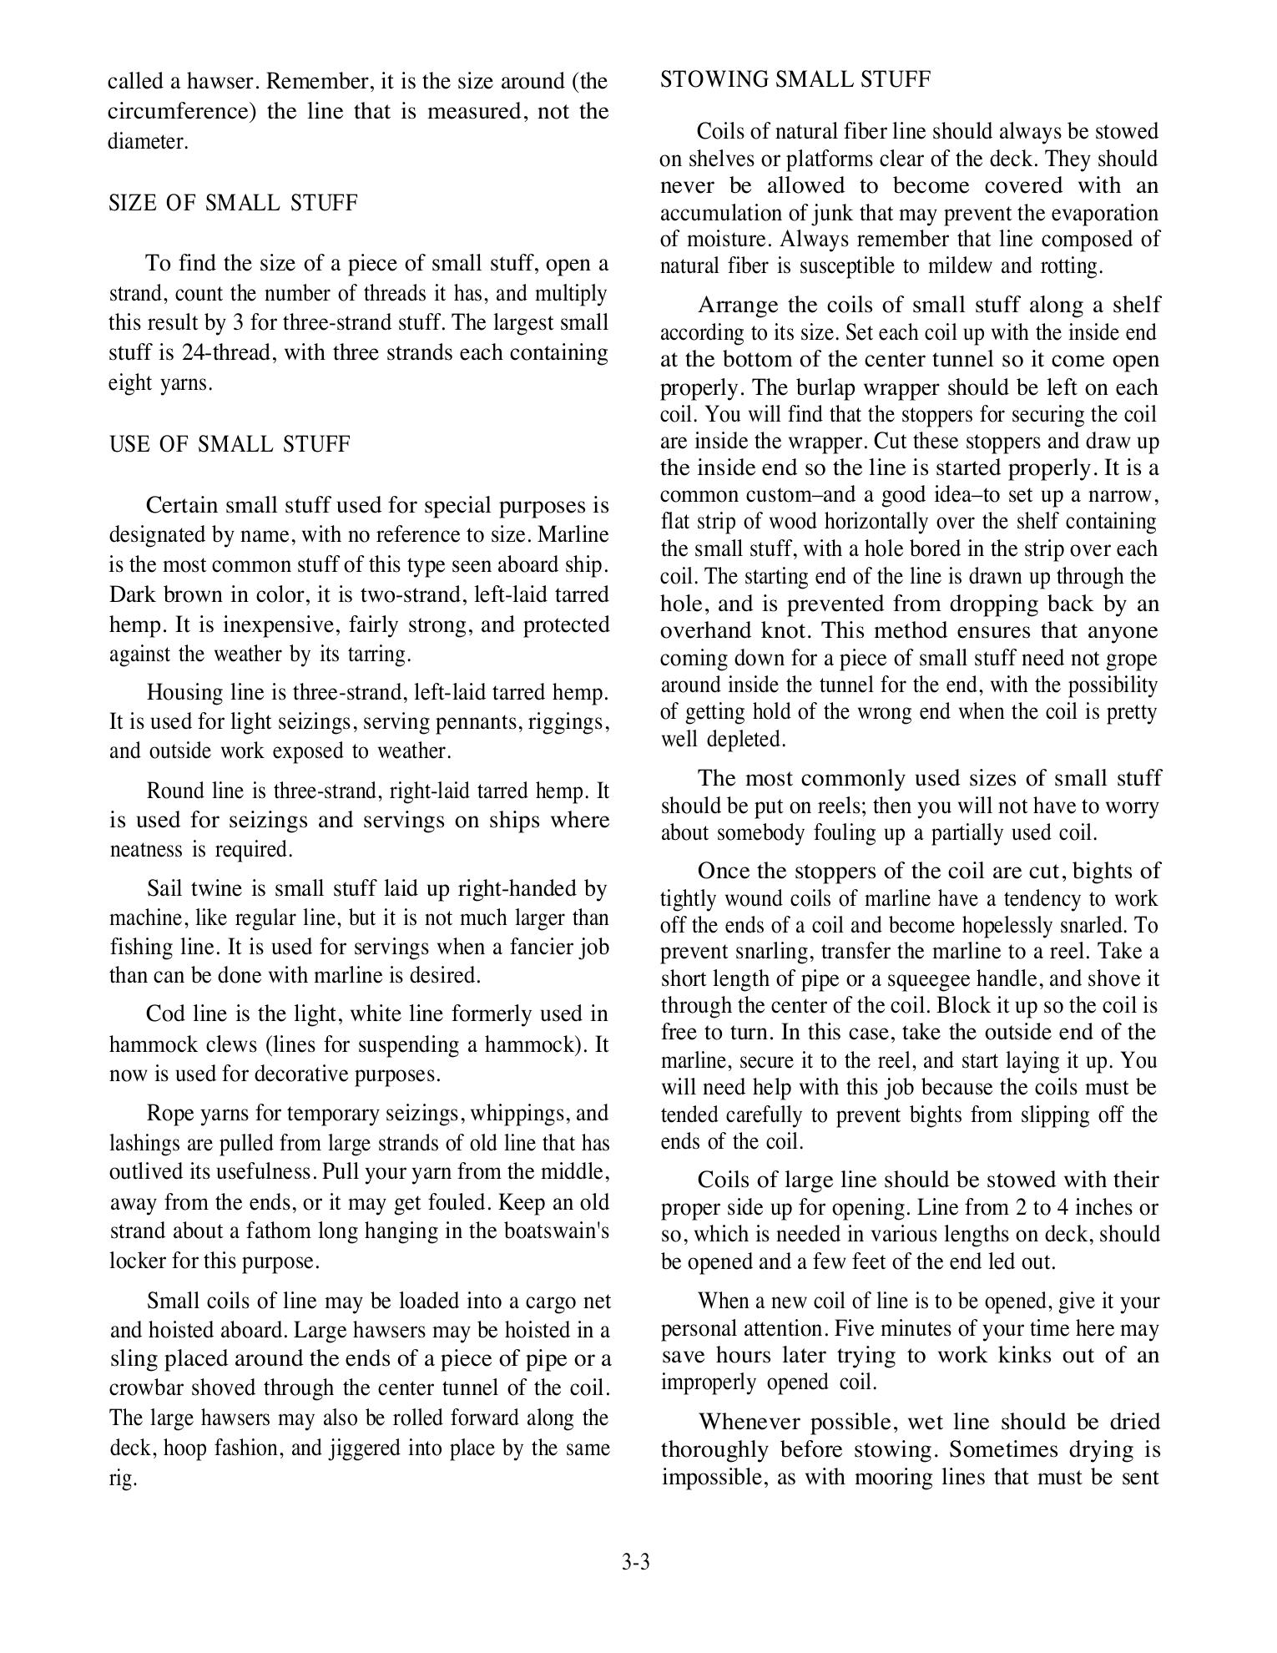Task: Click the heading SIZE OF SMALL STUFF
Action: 233,204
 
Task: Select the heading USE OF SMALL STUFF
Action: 230,444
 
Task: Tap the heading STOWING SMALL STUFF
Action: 795,80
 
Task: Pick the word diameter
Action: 148,142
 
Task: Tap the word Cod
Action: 164,1014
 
